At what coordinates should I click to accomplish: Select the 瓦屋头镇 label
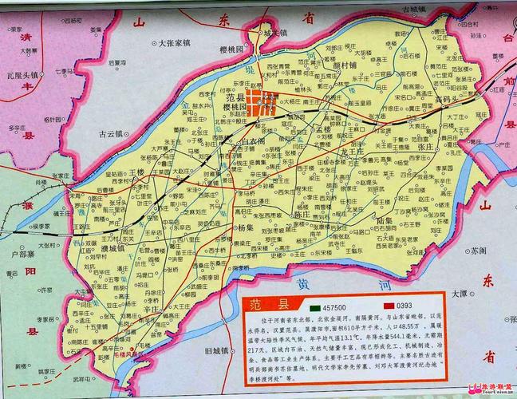[23, 75]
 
